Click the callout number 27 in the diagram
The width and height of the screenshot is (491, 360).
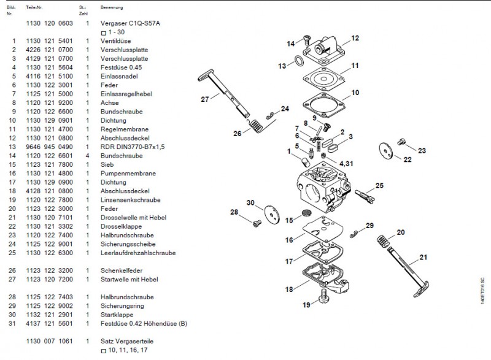click(x=205, y=98)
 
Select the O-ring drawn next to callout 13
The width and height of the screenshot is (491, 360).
click(x=298, y=61)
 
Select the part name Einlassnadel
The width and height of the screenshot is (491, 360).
click(x=117, y=76)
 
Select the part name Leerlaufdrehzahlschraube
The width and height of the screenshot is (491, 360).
click(x=138, y=253)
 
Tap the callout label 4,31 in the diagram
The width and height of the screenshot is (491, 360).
click(x=345, y=163)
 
